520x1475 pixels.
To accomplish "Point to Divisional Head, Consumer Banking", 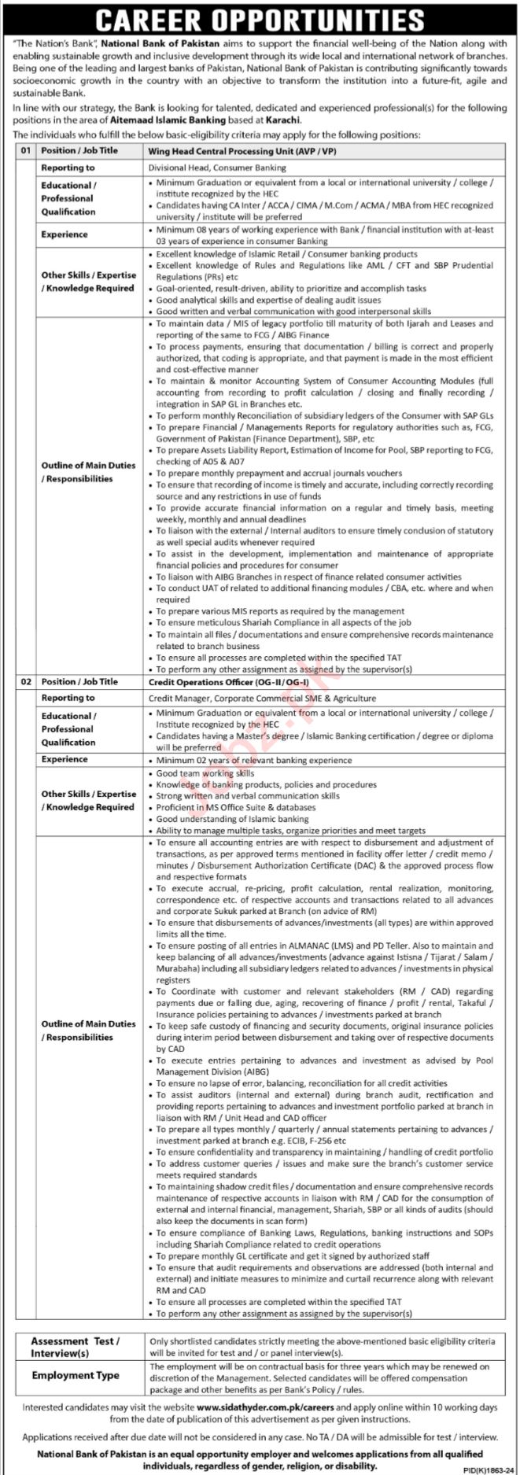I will (x=217, y=168).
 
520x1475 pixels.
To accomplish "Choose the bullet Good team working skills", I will (x=205, y=773).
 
